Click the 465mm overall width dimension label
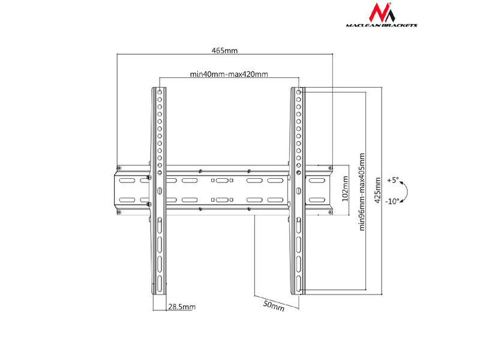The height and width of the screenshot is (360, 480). point(224,51)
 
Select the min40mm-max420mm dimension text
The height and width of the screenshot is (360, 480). point(229,74)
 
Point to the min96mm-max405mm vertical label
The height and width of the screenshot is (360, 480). point(362,191)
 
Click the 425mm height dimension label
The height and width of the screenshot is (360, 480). point(377,190)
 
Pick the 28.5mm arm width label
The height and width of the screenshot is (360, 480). point(181,307)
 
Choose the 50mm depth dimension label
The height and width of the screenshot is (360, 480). point(274,305)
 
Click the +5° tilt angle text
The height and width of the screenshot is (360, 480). point(392,179)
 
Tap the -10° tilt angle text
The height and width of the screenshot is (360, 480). point(393,202)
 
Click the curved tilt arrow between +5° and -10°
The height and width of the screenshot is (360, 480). point(406,191)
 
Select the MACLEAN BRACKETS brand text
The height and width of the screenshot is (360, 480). point(382,25)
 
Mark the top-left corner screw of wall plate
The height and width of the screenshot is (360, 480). point(119,167)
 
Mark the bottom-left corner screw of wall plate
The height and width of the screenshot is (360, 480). point(119,212)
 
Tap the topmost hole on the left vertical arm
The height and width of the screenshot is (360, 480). point(160,92)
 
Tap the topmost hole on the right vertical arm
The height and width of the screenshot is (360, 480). point(298,92)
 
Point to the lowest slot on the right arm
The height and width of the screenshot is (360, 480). point(298,278)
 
